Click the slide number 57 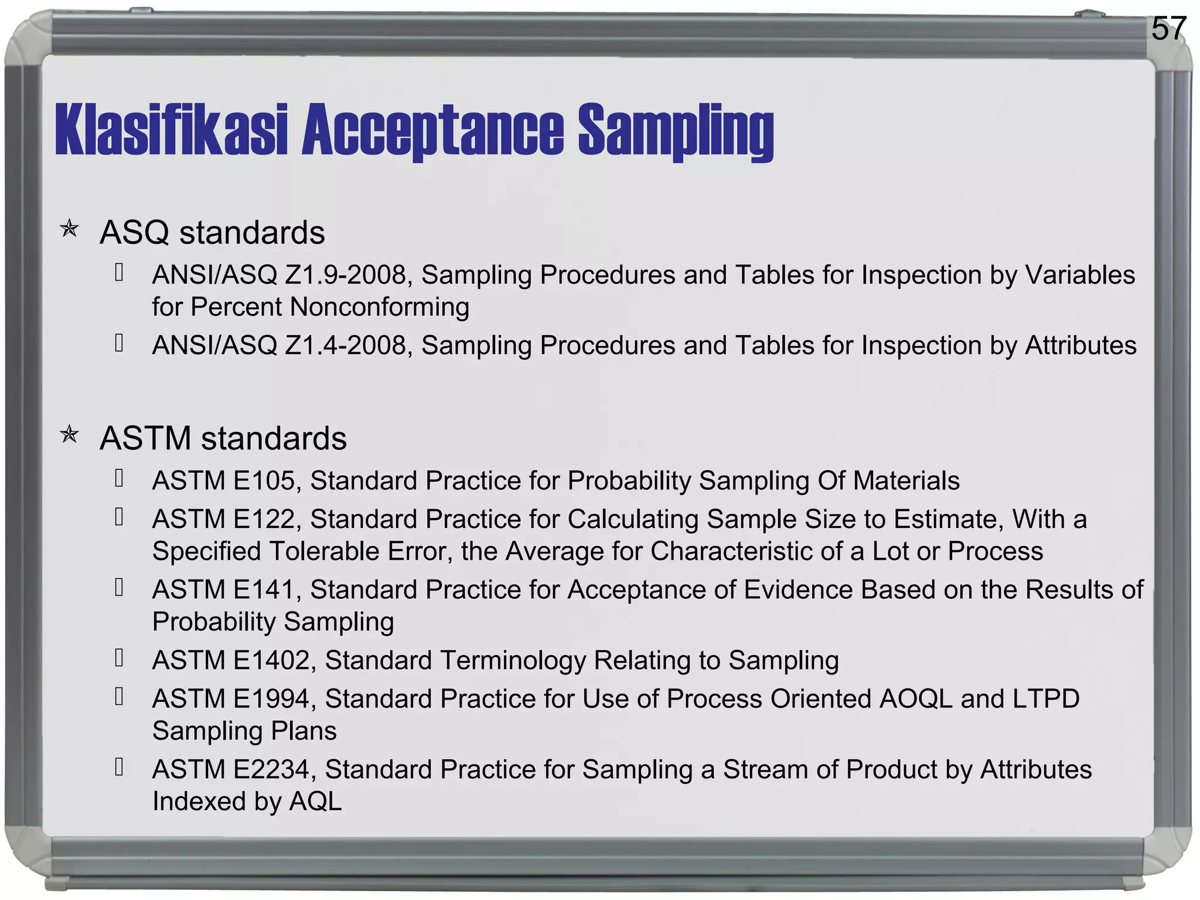pyautogui.click(x=1168, y=28)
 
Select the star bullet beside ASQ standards pyautogui.click(x=70, y=229)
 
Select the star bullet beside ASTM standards pyautogui.click(x=70, y=435)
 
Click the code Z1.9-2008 pyautogui.click(x=349, y=275)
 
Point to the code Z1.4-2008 pyautogui.click(x=349, y=345)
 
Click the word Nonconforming pyautogui.click(x=379, y=307)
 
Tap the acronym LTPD pyautogui.click(x=1045, y=698)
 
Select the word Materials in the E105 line pyautogui.click(x=906, y=480)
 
